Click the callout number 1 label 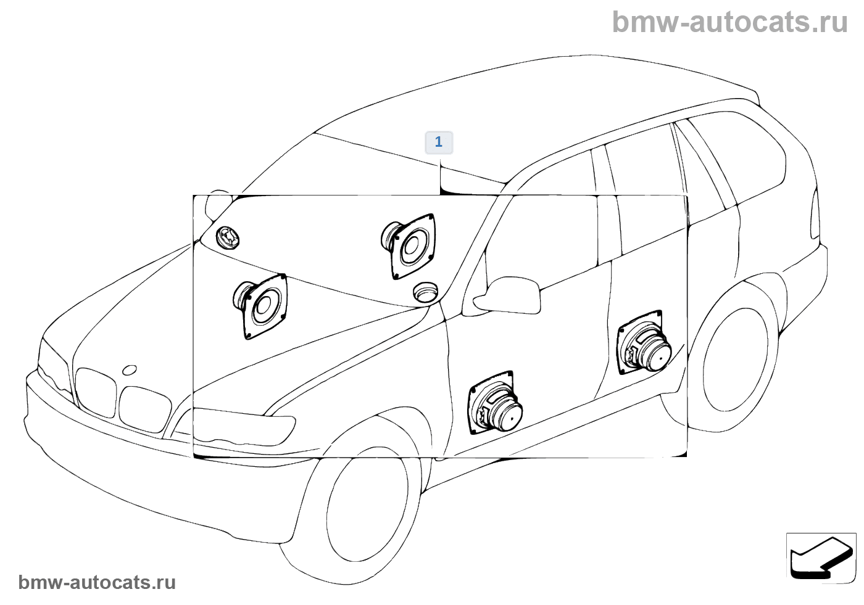point(439,142)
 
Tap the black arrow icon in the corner point(821,557)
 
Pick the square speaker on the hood point(262,306)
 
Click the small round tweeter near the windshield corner point(228,237)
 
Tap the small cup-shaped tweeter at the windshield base point(426,292)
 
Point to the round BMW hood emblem point(130,370)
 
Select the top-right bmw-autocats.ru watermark point(730,22)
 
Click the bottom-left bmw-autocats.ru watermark point(97,582)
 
